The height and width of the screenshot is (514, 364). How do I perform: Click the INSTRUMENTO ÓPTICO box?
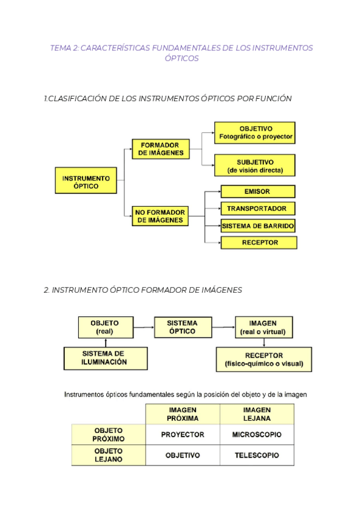86,181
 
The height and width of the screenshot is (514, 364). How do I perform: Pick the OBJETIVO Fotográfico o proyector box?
255,133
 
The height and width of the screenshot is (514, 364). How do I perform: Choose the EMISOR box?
258,192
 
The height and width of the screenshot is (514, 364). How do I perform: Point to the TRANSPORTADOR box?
258,209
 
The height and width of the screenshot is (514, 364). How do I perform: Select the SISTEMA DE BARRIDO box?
258,225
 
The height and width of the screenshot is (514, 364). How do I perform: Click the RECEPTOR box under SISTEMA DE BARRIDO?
259,242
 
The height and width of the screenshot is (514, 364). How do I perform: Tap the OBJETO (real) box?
105,327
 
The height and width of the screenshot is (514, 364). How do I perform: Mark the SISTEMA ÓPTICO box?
183,327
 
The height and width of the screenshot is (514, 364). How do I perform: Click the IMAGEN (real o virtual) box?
263,327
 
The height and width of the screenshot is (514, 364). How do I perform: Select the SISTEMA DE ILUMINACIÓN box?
105,358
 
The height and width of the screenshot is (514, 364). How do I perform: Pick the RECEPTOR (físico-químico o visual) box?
264,359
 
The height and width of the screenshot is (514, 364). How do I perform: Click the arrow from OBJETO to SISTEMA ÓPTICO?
143,328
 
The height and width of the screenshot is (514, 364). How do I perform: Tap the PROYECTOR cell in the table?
183,435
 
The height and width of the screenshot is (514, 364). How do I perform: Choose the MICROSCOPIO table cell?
257,435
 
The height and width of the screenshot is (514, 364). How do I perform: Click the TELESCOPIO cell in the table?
257,455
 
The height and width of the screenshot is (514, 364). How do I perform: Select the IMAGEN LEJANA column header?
257,414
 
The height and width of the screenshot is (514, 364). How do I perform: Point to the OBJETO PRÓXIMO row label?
109,435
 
